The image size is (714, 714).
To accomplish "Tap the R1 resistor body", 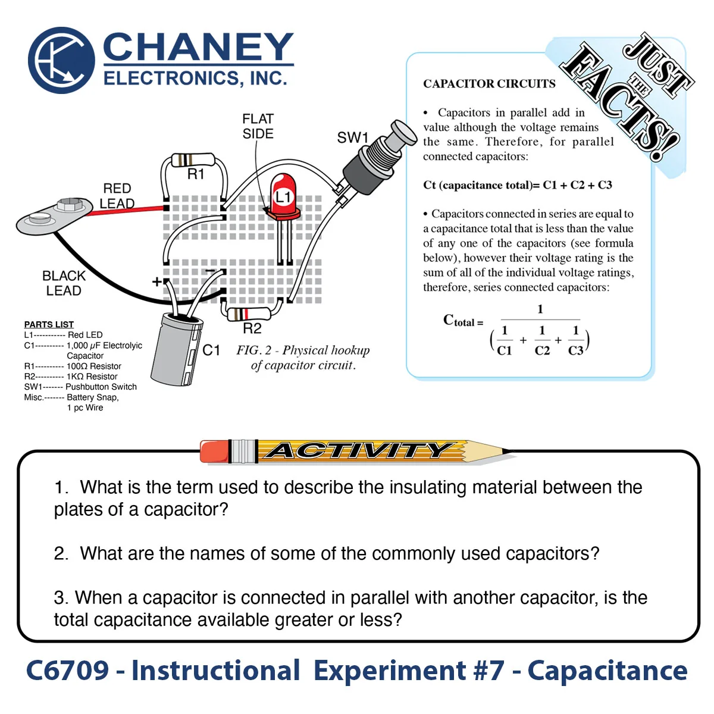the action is click(193, 161).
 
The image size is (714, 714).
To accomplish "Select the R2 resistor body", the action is click(249, 314).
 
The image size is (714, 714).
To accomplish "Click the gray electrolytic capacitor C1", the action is click(177, 349).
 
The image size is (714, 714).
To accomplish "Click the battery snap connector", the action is click(55, 216).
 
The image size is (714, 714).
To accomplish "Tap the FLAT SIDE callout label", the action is click(258, 126).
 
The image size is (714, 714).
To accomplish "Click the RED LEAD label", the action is click(117, 196).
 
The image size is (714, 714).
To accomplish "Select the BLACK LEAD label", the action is click(64, 283).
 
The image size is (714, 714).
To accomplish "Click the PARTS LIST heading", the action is click(49, 324).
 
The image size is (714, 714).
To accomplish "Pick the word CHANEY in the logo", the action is click(198, 46).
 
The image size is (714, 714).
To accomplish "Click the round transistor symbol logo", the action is click(61, 60).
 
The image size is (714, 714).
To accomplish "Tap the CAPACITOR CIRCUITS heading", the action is click(489, 84).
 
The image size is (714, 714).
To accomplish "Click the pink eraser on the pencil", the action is click(214, 451).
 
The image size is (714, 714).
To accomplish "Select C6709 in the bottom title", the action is click(67, 671).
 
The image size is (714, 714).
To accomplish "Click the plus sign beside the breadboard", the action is click(156, 281).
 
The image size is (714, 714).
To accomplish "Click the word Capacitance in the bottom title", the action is click(607, 671).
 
